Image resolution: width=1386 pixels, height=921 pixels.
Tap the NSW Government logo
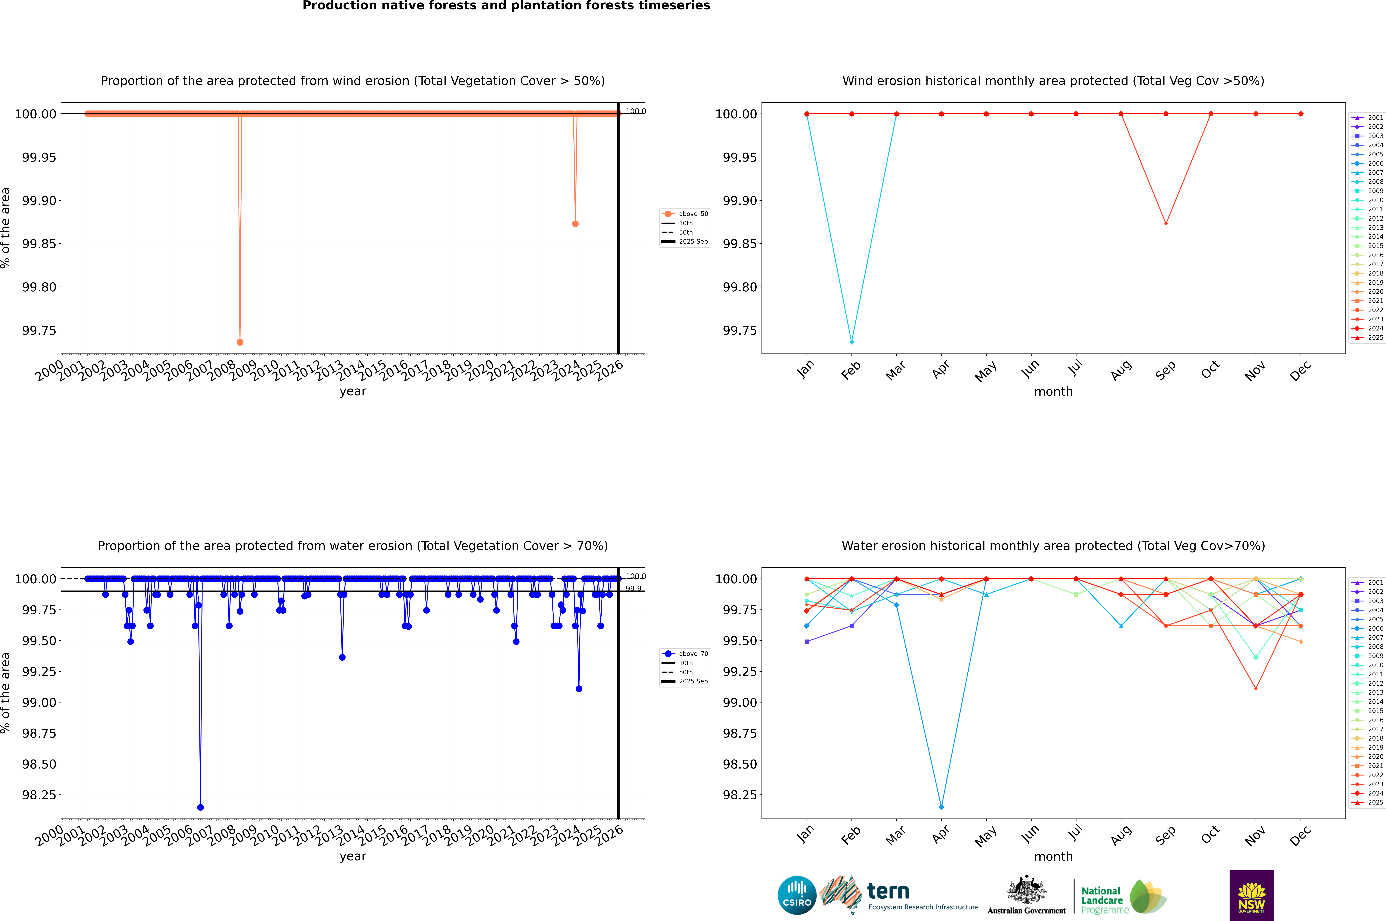tap(1251, 895)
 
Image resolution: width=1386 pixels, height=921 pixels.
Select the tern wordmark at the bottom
tap(888, 892)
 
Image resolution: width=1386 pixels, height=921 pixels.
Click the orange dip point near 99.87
tap(575, 224)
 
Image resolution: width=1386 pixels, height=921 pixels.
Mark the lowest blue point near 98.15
tap(200, 807)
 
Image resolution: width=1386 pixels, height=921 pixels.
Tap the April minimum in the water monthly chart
tap(941, 807)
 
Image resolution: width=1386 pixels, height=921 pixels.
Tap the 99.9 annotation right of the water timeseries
tap(633, 588)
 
